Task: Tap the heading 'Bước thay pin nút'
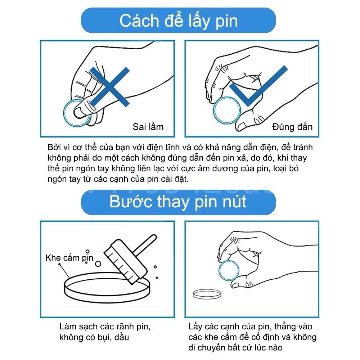point(178,202)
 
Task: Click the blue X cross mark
point(109,87)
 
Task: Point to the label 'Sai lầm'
point(148,127)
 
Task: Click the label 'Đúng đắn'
point(292,127)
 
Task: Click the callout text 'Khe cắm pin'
point(69,258)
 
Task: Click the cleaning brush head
point(125,261)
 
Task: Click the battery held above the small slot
point(229,271)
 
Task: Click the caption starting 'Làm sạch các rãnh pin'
point(105,332)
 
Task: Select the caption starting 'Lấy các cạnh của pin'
point(252,337)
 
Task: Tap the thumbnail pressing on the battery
point(78,112)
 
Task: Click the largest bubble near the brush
point(98,264)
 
